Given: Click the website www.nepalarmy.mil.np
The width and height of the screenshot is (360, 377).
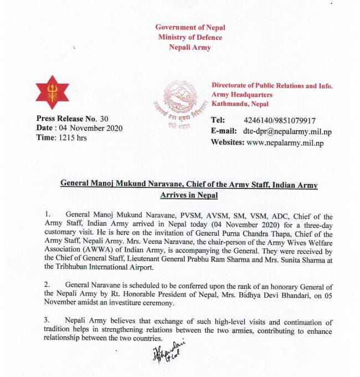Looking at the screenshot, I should click(x=285, y=142).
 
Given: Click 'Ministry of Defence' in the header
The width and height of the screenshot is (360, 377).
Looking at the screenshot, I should click(x=190, y=37).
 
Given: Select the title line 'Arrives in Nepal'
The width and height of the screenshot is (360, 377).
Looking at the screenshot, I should click(x=189, y=195).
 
